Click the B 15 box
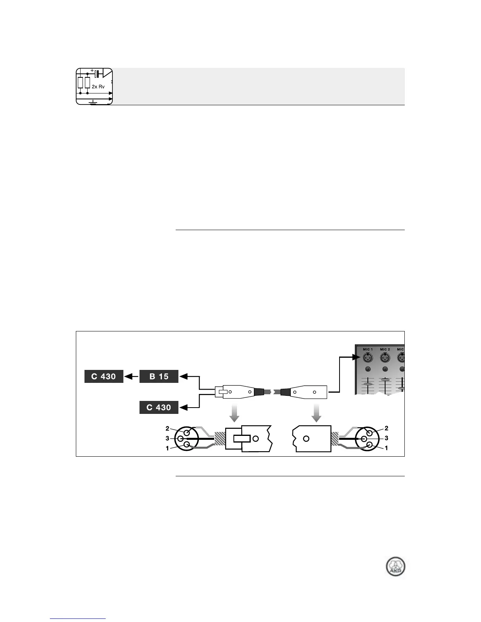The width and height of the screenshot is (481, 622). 159,376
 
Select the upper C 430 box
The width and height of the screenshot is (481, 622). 104,376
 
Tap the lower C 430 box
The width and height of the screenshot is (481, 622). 159,407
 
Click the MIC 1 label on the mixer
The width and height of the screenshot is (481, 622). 367,349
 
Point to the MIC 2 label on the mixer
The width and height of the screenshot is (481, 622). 385,349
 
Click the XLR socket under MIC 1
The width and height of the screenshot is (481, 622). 367,358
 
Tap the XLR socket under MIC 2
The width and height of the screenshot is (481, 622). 385,358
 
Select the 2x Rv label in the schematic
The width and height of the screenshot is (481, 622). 98,87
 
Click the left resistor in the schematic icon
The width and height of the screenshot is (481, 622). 80,83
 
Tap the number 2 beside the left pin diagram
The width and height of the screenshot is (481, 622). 167,428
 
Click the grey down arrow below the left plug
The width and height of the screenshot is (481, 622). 234,412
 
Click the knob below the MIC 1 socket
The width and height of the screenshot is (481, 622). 367,369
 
